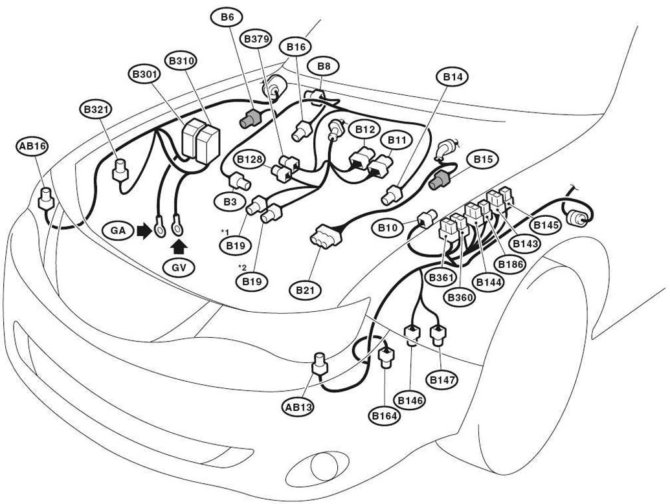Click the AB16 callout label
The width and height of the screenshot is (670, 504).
point(32,146)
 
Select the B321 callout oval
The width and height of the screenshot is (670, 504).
point(96,109)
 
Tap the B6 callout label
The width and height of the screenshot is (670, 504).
point(227,17)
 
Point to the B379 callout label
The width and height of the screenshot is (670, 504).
point(256,39)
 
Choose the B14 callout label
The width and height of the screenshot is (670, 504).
point(452,77)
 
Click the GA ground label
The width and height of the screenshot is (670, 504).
point(118,230)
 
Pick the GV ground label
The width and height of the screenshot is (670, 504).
point(179,268)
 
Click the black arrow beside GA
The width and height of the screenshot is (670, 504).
point(144,230)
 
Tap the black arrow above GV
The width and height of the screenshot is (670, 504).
point(179,247)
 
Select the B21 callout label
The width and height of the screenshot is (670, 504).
point(305,290)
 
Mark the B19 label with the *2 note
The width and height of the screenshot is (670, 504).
point(252,281)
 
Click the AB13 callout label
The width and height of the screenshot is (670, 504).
point(298,406)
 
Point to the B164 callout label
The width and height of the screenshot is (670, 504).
point(385,415)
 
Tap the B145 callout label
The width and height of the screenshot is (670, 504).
point(544,225)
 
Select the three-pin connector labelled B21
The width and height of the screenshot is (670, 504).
point(327,236)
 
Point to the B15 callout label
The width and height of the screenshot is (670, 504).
point(483,159)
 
